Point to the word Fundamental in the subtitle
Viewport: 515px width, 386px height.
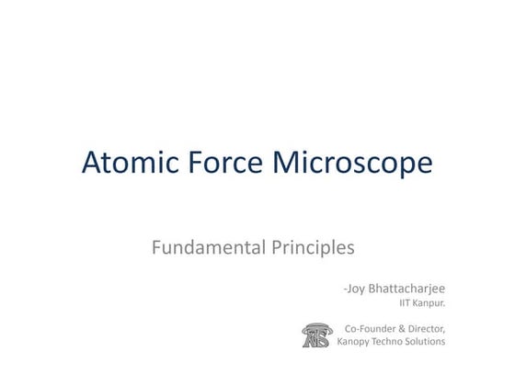coord(207,247)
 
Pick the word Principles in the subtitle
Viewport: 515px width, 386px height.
coord(312,248)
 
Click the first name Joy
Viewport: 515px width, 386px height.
coord(355,289)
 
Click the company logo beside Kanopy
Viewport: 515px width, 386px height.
coord(317,335)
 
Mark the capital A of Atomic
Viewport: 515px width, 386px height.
coord(93,163)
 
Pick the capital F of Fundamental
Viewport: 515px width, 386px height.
coord(157,247)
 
